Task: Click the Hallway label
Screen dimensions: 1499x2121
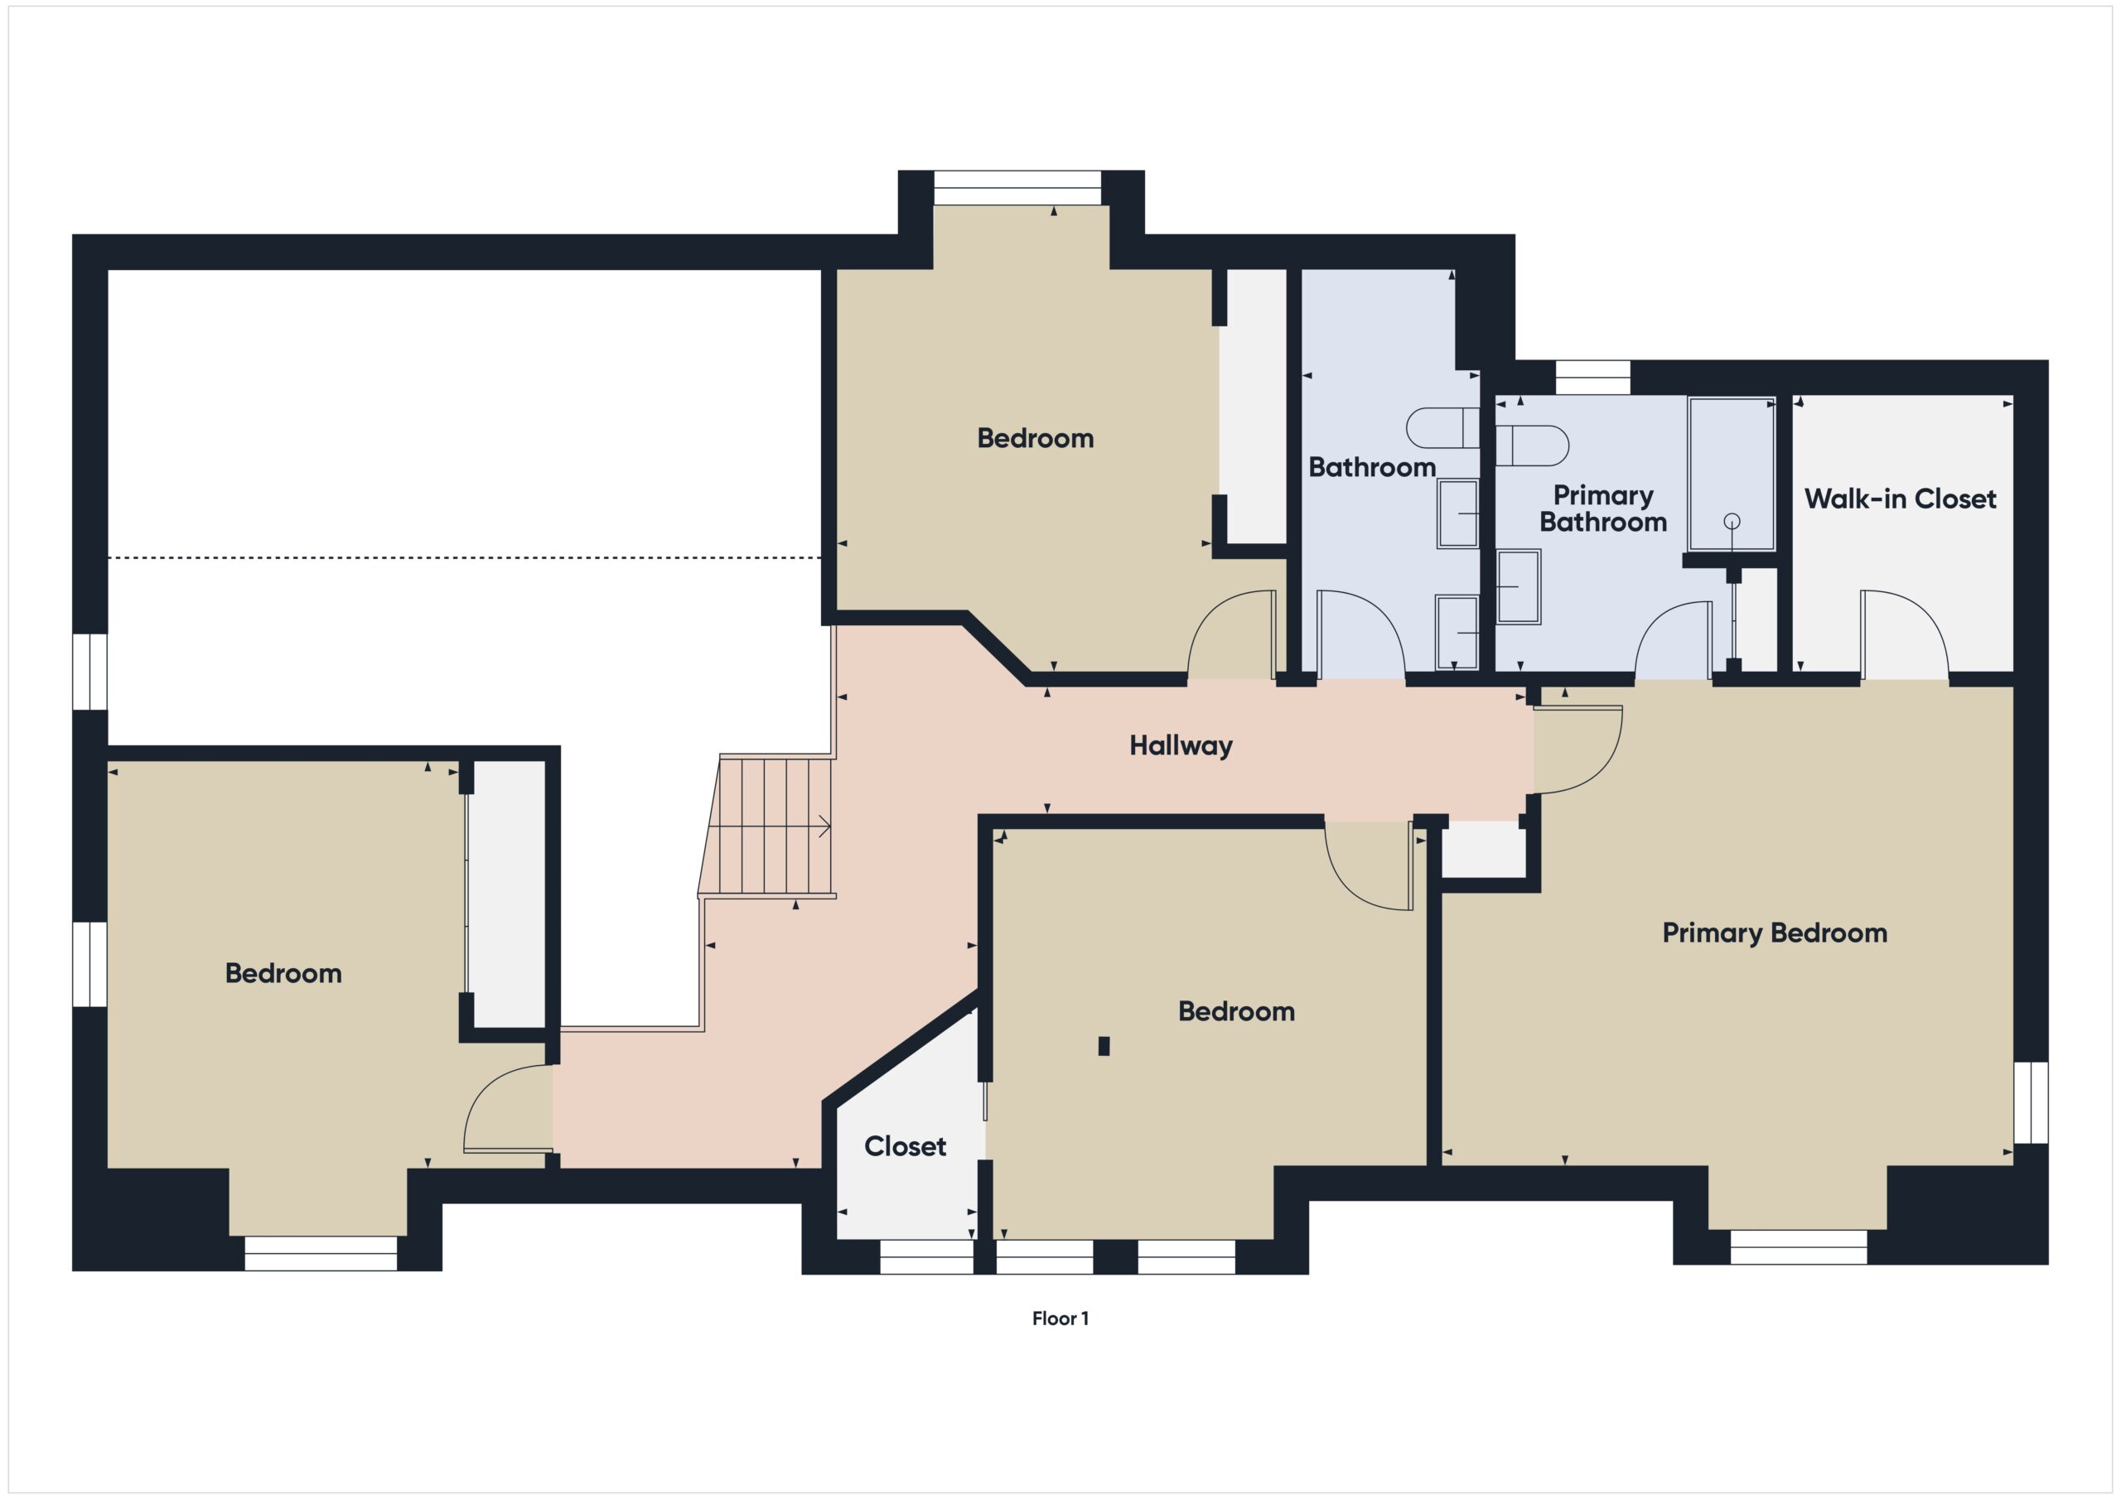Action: point(1180,745)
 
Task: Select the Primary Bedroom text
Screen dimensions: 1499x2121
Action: point(1774,933)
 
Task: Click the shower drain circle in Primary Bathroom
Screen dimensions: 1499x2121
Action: point(1731,522)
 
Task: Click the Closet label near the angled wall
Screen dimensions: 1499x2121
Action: point(905,1146)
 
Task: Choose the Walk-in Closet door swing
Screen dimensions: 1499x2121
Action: point(1903,633)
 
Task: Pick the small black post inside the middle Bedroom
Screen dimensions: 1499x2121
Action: point(1103,1045)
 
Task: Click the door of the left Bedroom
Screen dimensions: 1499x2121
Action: point(504,1108)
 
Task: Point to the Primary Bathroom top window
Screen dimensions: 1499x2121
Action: point(1592,378)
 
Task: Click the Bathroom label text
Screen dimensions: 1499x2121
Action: point(1371,467)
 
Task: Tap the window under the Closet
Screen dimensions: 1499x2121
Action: point(925,1256)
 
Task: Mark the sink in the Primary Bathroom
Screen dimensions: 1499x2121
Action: point(1518,586)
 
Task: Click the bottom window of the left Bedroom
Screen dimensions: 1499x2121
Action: point(321,1253)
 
